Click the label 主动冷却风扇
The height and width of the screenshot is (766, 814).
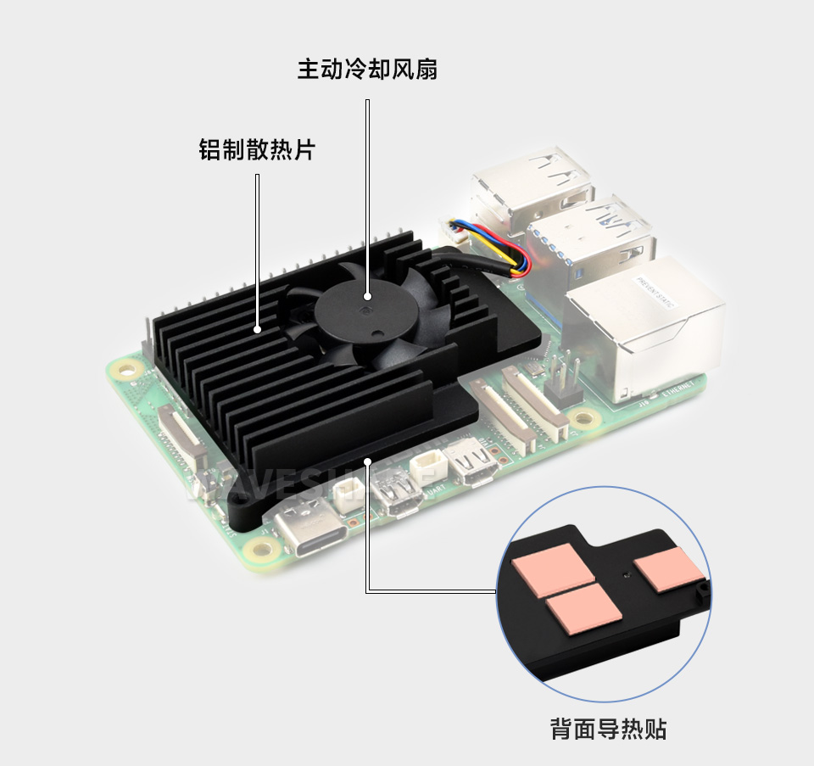(367, 69)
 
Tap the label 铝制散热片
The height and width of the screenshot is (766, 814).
(257, 151)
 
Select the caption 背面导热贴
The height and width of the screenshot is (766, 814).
(608, 729)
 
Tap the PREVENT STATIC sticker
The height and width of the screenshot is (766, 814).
(654, 291)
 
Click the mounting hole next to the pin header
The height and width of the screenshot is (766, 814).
(581, 419)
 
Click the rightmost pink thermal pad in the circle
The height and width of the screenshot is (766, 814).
(670, 570)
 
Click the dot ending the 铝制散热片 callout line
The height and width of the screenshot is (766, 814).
(257, 328)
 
